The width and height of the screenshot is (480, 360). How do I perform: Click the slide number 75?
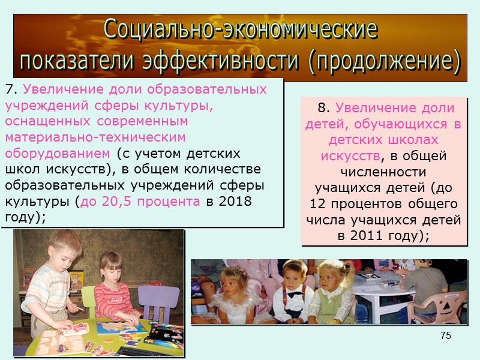tap(445, 335)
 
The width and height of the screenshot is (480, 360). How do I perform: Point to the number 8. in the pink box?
tap(324, 108)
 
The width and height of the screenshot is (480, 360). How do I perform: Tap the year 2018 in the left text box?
tap(236, 200)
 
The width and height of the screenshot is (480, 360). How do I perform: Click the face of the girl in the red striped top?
tap(110, 268)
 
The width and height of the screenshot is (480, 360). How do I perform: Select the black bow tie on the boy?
tap(295, 295)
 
